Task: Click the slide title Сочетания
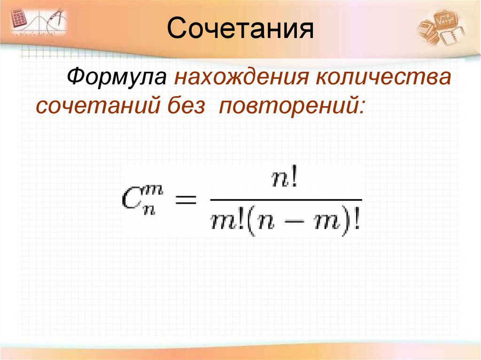(240, 29)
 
